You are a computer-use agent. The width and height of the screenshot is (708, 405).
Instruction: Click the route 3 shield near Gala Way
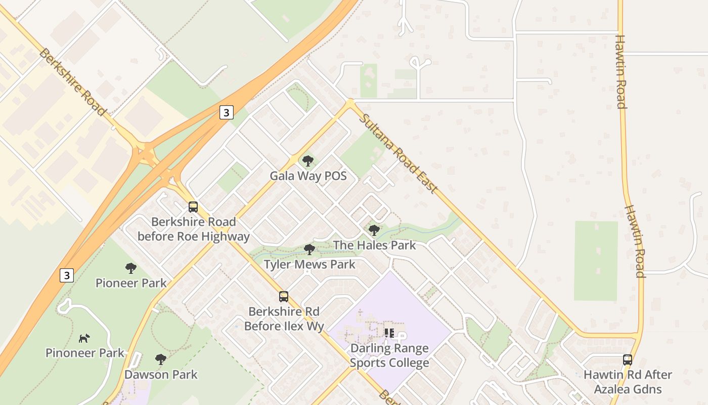click(227, 112)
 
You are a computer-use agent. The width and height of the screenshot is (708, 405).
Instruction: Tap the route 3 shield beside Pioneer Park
click(66, 275)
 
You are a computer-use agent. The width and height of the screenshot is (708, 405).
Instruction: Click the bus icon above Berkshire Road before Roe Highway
click(193, 207)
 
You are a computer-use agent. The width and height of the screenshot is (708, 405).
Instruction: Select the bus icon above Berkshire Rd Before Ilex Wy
click(284, 297)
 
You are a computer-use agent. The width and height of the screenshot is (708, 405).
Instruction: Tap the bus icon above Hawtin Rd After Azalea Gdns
click(628, 360)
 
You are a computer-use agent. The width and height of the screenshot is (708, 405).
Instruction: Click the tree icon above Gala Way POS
click(307, 161)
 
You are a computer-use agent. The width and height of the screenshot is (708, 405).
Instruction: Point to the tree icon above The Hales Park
click(374, 230)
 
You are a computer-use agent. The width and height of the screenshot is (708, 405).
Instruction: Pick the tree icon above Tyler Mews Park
click(309, 250)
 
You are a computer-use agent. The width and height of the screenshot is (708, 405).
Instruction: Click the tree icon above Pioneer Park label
click(131, 268)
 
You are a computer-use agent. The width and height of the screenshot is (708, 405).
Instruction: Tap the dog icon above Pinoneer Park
click(84, 338)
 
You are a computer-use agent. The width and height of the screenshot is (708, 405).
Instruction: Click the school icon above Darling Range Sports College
click(389, 333)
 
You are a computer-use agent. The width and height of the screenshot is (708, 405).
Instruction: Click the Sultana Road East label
click(398, 153)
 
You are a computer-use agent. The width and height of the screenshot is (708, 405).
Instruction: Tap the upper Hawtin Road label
click(621, 71)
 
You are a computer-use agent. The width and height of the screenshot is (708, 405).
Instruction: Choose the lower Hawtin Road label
click(634, 241)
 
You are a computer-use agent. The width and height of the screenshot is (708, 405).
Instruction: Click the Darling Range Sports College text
click(389, 355)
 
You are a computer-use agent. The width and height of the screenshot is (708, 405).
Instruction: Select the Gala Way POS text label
click(308, 176)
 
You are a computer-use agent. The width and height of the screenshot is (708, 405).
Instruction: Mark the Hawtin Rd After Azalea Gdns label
click(628, 382)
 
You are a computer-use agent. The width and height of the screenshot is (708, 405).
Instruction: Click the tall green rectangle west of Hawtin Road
click(596, 260)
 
